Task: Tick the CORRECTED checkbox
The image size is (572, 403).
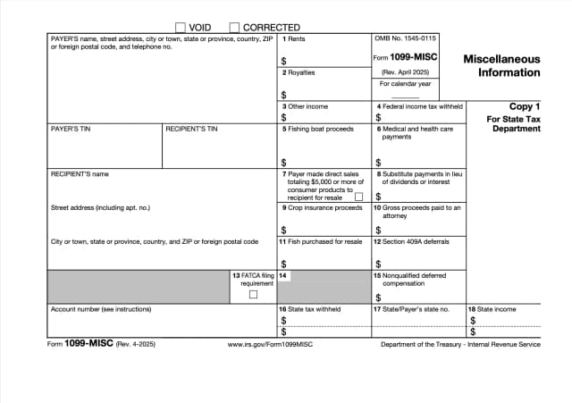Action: [x=235, y=28]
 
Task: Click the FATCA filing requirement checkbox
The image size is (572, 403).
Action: [x=253, y=294]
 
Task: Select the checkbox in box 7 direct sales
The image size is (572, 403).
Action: [x=359, y=197]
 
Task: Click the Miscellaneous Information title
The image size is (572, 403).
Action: [x=501, y=65]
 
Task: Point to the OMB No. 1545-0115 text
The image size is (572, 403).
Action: [x=406, y=38]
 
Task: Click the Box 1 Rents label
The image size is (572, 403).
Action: [x=293, y=39]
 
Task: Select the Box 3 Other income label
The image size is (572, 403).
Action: [x=304, y=106]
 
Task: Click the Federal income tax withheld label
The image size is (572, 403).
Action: [x=419, y=106]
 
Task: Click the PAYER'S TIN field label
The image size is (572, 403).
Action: [x=71, y=129]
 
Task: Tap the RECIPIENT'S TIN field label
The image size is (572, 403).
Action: [x=191, y=129]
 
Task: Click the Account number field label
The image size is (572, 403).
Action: [x=101, y=309]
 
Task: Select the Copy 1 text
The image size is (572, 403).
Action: [x=525, y=105]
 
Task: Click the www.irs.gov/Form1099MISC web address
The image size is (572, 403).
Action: [x=270, y=344]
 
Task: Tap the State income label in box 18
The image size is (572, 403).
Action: [x=496, y=309]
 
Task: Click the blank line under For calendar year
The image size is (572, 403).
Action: [x=405, y=96]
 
